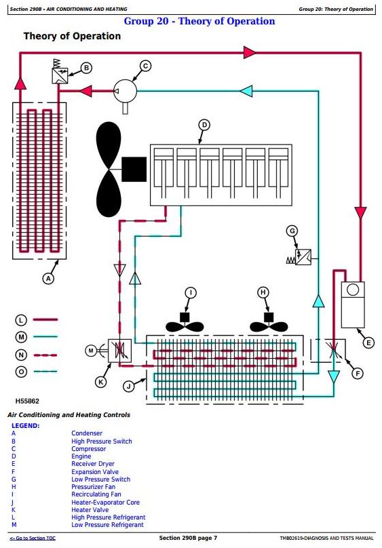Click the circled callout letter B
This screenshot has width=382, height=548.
coord(86,68)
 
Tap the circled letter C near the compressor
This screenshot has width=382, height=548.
coord(145,66)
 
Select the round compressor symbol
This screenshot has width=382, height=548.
coord(125,91)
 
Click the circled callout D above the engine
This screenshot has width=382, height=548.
coord(204,125)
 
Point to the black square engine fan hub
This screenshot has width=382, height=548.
coord(134,169)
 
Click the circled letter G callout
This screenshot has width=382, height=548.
coord(292,231)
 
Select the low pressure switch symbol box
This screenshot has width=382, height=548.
coord(303,257)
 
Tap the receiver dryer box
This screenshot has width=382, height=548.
coord(353,305)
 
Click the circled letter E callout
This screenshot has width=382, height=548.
coord(368,343)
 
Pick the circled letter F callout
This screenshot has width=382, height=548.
coord(358,374)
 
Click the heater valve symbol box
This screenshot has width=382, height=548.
coord(119,351)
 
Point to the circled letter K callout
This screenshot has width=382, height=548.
coord(101,382)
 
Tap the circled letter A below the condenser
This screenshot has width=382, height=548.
coord(48,279)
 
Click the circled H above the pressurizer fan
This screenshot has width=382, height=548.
coord(263,292)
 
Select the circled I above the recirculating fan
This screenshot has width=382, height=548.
coord(191,292)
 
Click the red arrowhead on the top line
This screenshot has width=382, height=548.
coord(250,52)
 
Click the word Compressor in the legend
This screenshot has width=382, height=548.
coord(88,449)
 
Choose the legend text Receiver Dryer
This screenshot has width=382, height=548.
coord(93,464)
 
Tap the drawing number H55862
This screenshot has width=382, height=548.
coord(27,402)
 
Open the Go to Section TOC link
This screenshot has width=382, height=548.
coord(33,539)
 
